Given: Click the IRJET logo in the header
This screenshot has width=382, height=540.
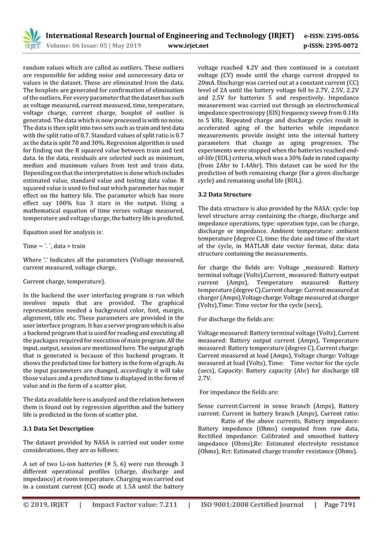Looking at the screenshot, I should tap(31, 38).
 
